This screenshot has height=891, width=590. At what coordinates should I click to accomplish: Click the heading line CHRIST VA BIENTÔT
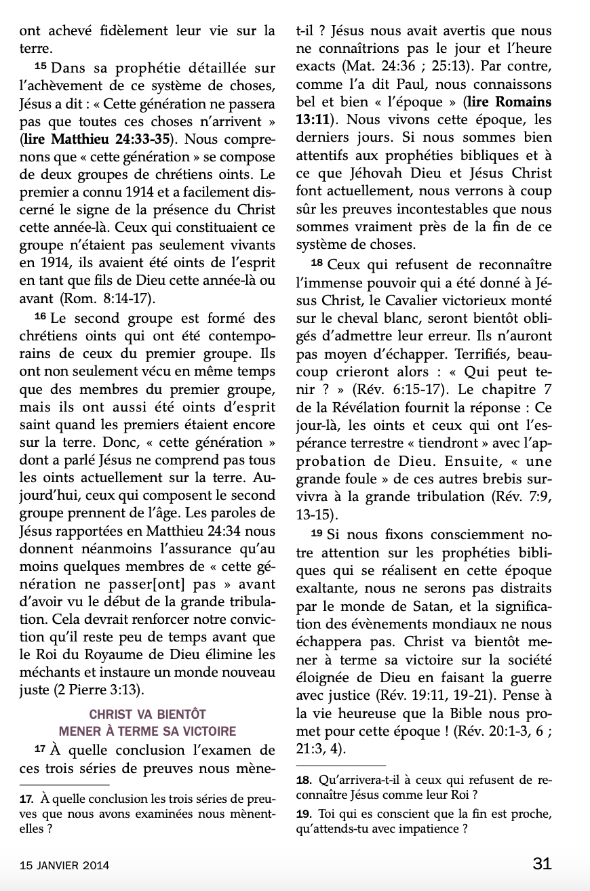[x=147, y=715]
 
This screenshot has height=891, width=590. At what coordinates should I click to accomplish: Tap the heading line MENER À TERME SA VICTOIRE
[x=147, y=731]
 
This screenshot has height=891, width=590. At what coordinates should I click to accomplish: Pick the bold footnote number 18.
[x=304, y=780]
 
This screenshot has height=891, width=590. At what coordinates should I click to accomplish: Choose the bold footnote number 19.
[x=304, y=814]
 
